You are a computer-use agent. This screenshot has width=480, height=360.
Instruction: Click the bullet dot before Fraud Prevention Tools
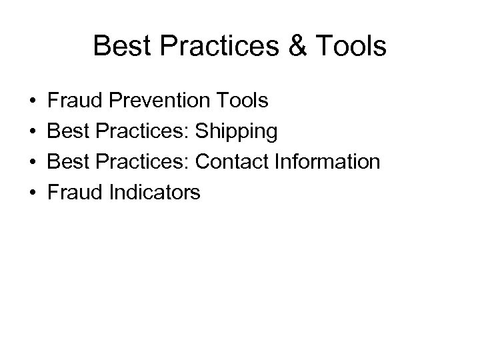pyautogui.click(x=33, y=102)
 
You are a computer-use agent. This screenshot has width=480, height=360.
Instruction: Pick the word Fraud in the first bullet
pyautogui.click(x=71, y=101)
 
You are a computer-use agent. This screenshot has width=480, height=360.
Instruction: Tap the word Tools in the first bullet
pyautogui.click(x=243, y=101)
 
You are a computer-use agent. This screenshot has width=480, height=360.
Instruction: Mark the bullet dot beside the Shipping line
pyautogui.click(x=33, y=132)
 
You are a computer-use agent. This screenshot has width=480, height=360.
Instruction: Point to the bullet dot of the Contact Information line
pyautogui.click(x=33, y=163)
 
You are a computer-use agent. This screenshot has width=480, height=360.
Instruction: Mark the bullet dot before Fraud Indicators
pyautogui.click(x=33, y=193)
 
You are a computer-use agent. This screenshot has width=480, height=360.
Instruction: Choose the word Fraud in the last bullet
pyautogui.click(x=71, y=193)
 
